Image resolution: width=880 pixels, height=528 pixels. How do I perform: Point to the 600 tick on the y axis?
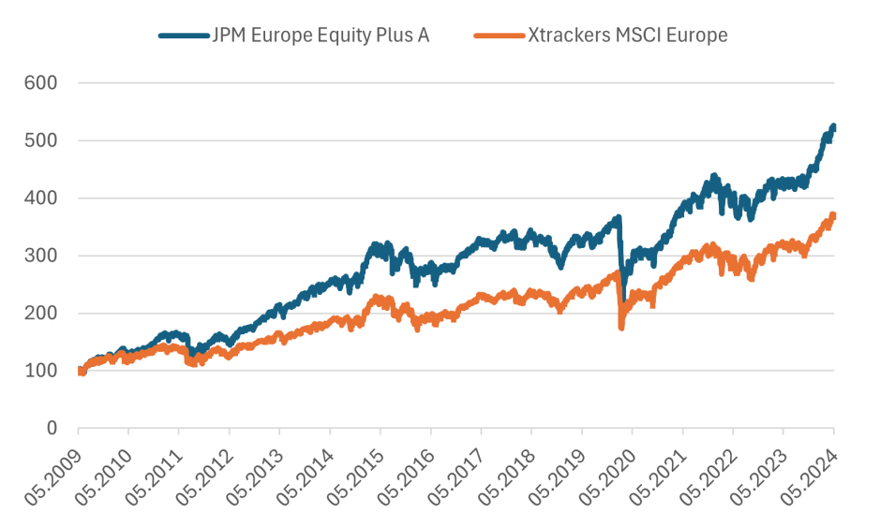[42, 83]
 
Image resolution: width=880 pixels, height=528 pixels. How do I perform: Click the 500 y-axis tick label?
[42, 140]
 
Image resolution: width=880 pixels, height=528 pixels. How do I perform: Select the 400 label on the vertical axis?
[42, 198]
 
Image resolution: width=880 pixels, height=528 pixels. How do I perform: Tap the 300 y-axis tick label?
[42, 256]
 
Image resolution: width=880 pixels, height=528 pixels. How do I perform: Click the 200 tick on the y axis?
[42, 314]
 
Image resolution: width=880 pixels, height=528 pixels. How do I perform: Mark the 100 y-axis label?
[42, 371]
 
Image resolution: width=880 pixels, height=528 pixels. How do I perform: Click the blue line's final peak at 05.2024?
[833, 126]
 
